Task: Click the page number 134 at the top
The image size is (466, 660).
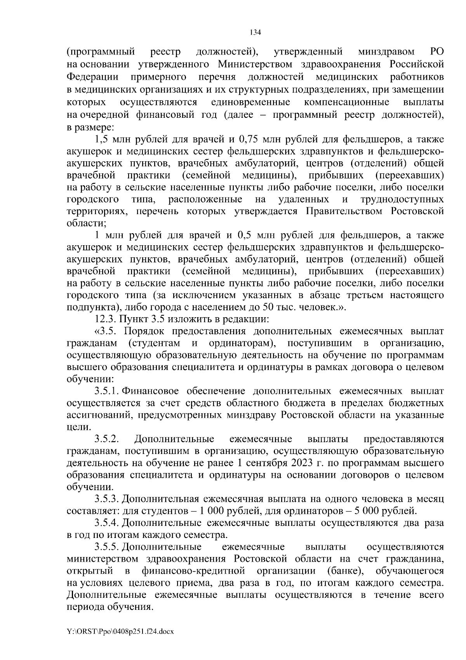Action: [x=255, y=32]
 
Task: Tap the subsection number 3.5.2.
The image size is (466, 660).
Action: [x=106, y=439]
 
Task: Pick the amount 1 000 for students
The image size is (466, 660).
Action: [x=215, y=511]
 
